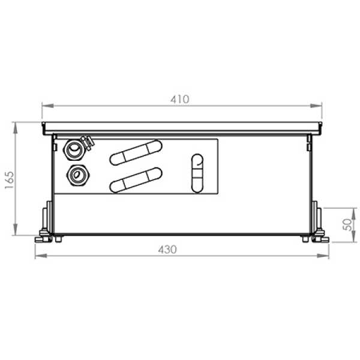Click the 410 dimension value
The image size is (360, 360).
(x=180, y=99)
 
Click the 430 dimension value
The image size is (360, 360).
(x=167, y=250)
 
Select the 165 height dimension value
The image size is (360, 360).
(x=10, y=180)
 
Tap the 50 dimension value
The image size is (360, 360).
(x=347, y=224)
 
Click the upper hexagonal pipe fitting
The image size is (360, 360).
(x=74, y=149)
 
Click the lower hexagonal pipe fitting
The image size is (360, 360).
(x=78, y=175)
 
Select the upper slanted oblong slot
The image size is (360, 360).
(x=136, y=152)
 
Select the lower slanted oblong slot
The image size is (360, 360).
(x=136, y=180)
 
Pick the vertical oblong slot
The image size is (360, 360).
(x=197, y=173)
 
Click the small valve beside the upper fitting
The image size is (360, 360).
(x=88, y=143)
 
